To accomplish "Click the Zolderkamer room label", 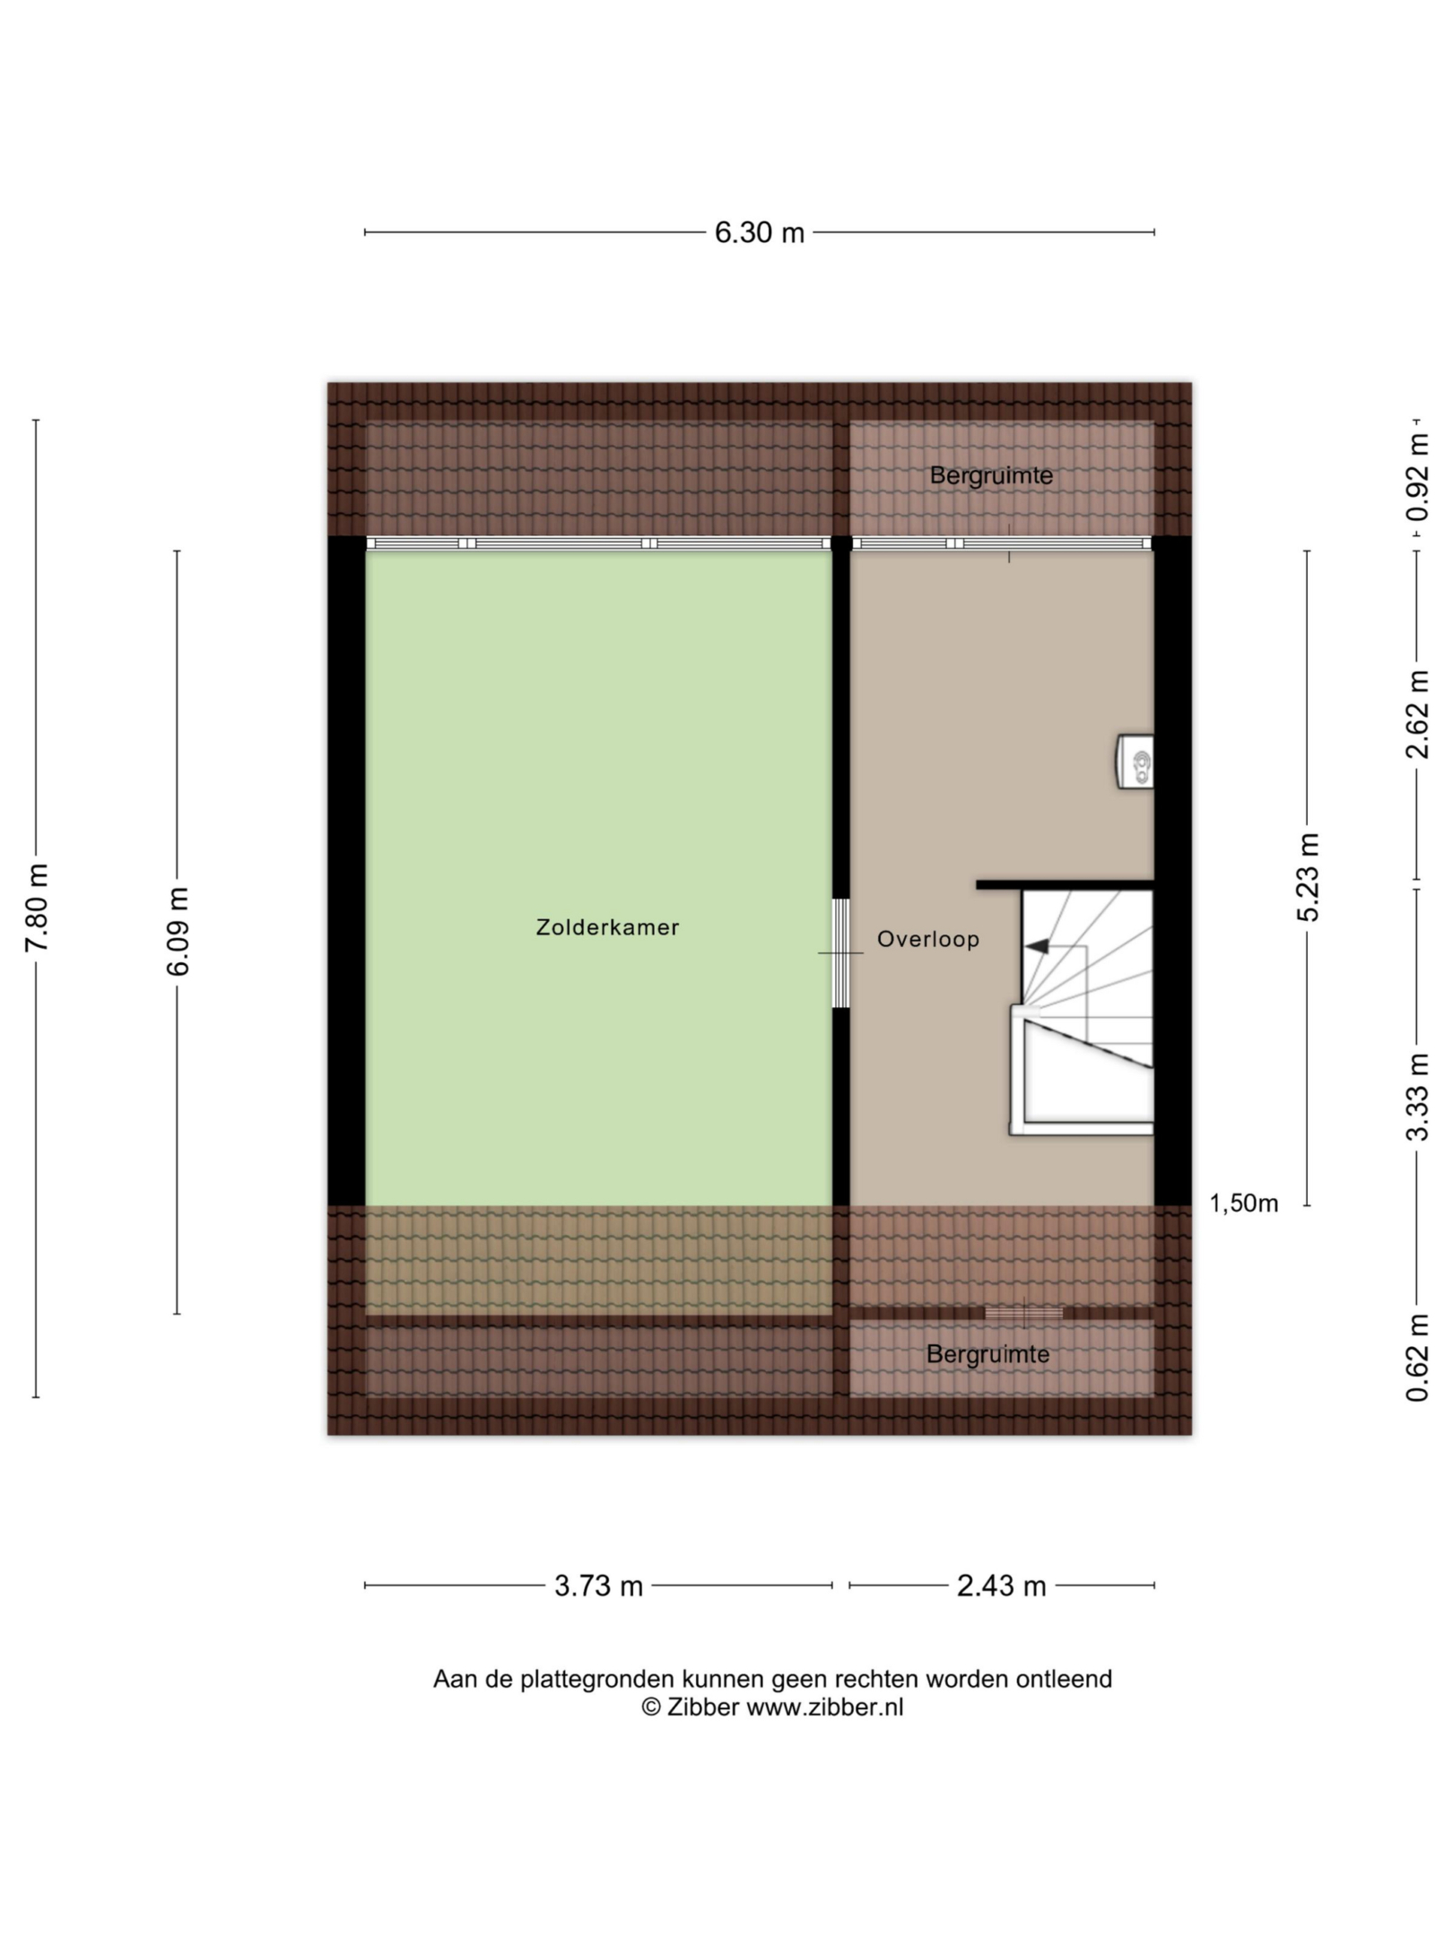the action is tap(607, 927).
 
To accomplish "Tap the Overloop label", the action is tap(928, 939).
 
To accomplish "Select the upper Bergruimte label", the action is tap(991, 475).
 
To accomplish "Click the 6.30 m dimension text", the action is tap(760, 233).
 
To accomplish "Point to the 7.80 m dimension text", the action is tap(37, 908).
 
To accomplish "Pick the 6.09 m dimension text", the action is tap(178, 932).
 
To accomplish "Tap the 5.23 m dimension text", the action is tap(1308, 877).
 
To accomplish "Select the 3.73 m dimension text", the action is tap(598, 1586).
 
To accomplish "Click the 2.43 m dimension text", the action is tap(1001, 1586).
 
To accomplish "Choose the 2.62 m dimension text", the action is tap(1417, 714).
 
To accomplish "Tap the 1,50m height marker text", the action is tap(1244, 1203).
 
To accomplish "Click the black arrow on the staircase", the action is tap(1038, 945).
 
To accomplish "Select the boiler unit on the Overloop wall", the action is tap(1135, 762).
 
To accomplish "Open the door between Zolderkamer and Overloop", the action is tap(840, 952).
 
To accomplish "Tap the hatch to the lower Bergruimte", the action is tap(1023, 1313).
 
